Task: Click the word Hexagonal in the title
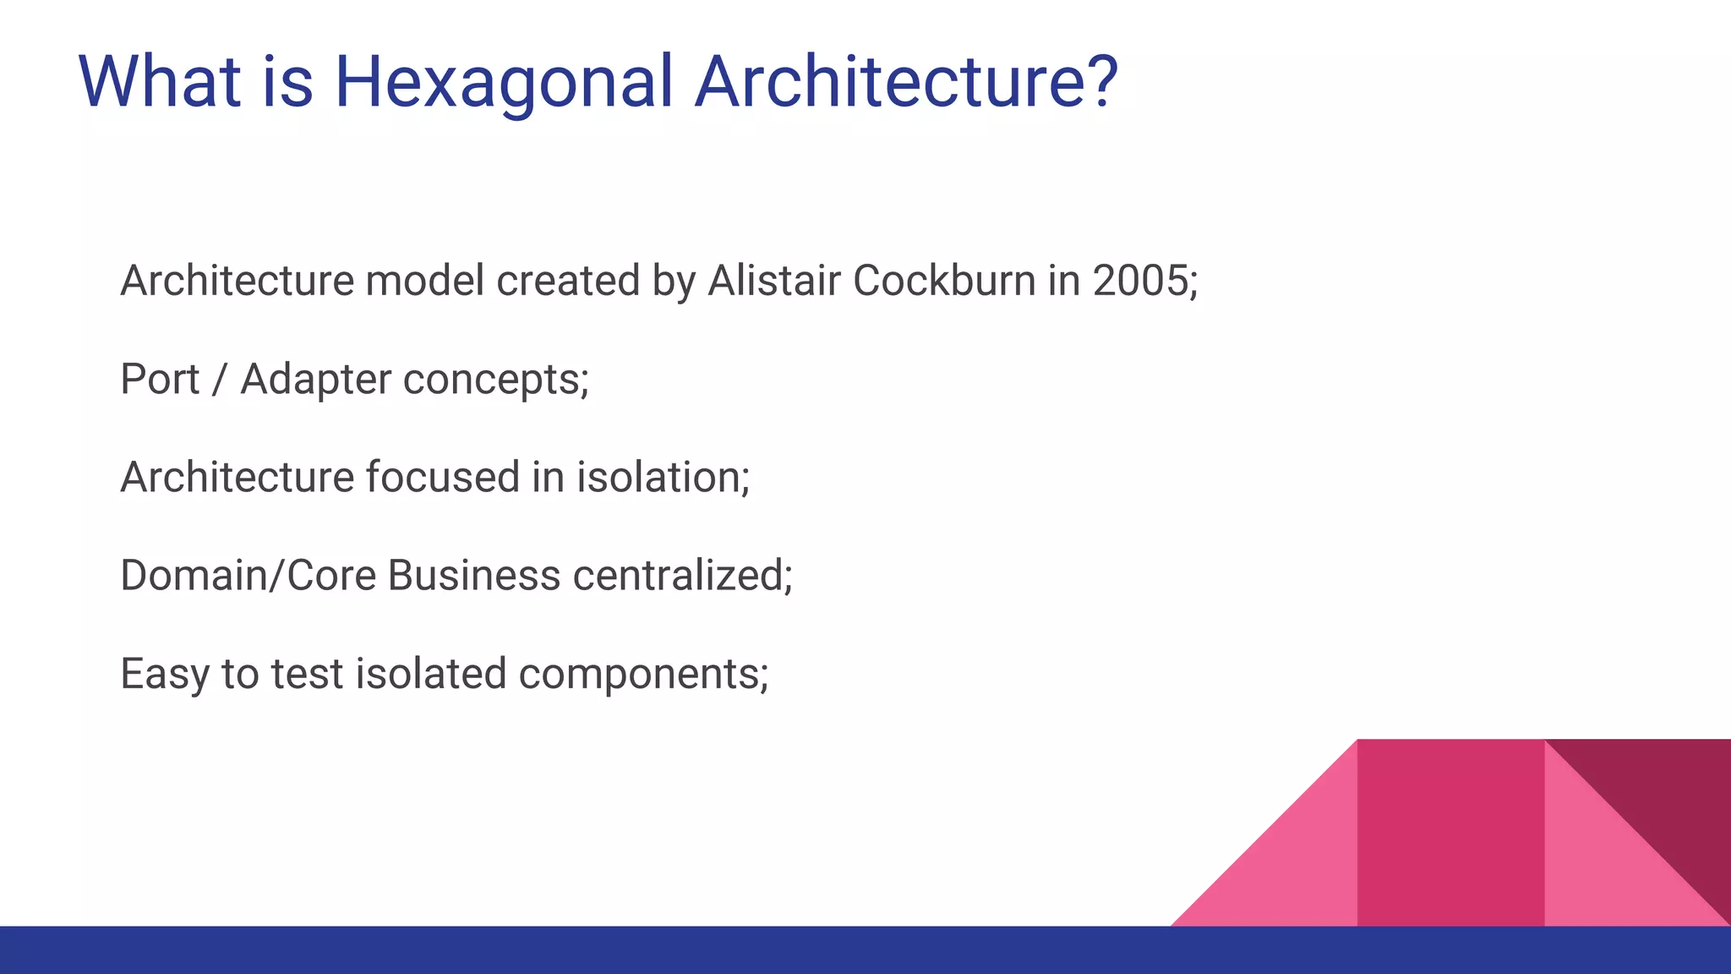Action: [504, 83]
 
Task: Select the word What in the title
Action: [160, 81]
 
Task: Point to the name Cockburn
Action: [944, 281]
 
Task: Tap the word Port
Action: [160, 379]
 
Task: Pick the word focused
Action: [443, 477]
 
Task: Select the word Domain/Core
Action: [248, 576]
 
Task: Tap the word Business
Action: [474, 576]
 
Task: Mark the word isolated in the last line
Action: [430, 675]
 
